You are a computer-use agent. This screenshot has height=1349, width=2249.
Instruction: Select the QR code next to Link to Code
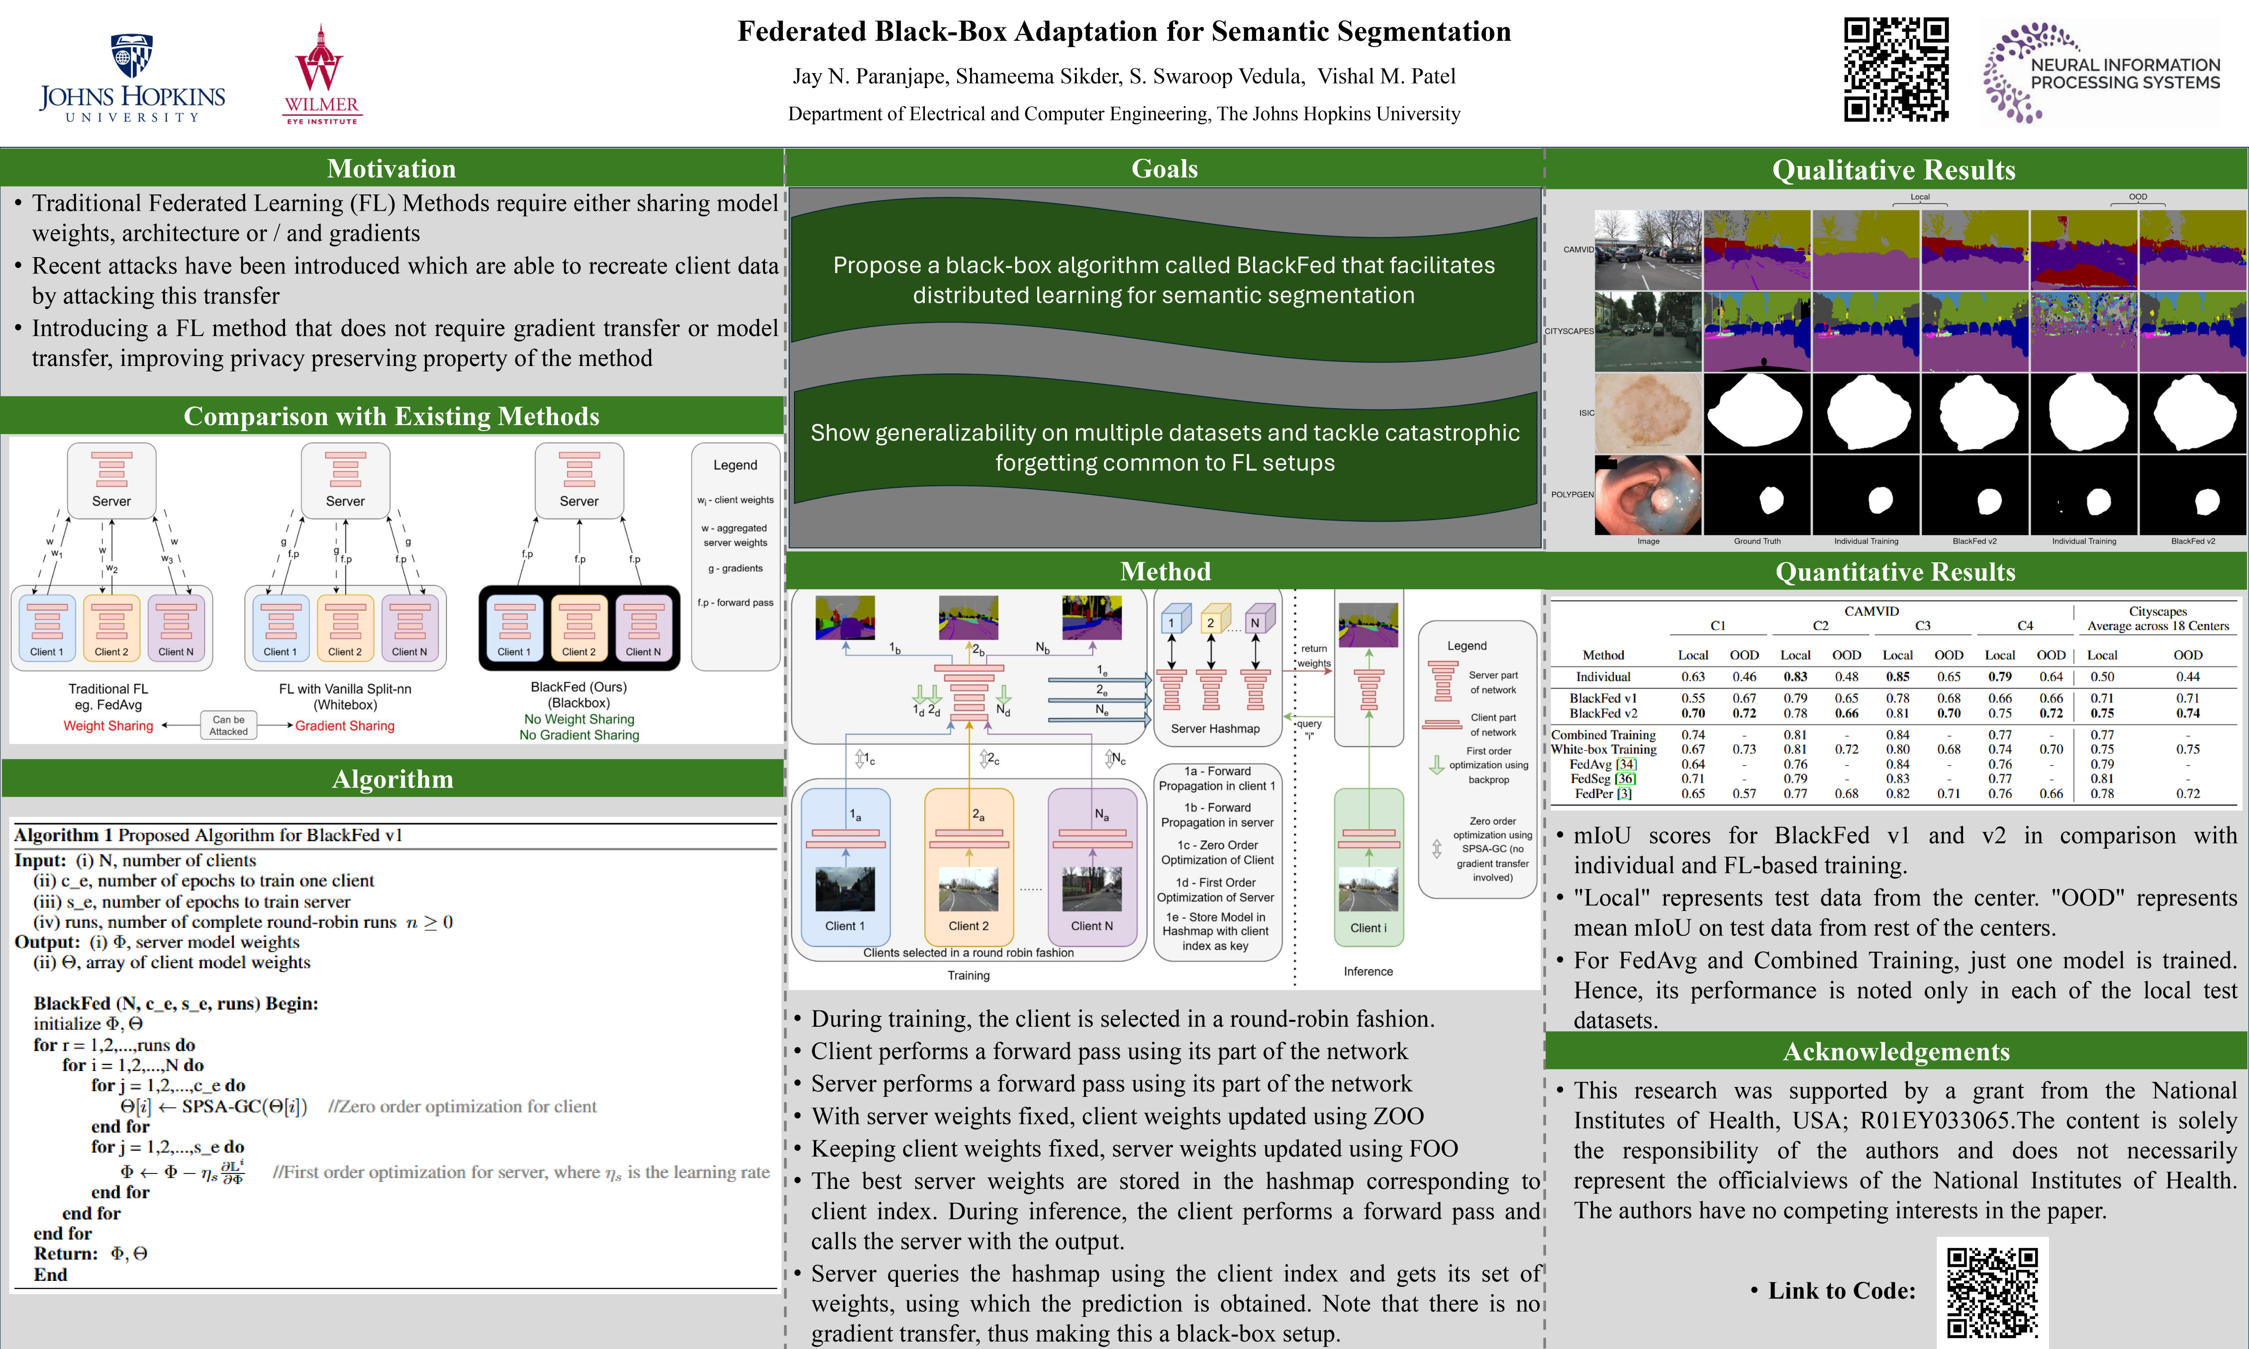(x=1992, y=1293)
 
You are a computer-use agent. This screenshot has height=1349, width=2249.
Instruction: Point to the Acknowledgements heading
(x=1896, y=1052)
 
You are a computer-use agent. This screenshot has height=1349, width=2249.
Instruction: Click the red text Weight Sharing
(x=108, y=725)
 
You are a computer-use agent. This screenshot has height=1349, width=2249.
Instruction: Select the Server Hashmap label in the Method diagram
(x=1215, y=728)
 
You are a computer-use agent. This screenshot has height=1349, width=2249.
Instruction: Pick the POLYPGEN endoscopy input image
(x=1647, y=495)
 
